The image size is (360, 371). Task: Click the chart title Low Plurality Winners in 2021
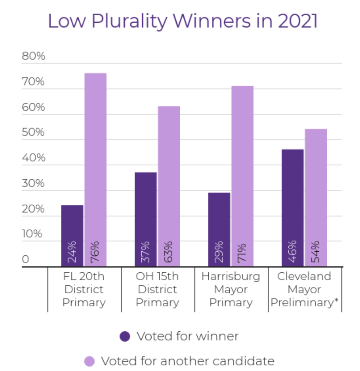[x=182, y=21]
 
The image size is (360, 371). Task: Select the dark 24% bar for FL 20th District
[x=72, y=227]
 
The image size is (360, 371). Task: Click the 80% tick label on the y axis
[x=33, y=56]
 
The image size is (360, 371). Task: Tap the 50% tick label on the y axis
[x=33, y=132]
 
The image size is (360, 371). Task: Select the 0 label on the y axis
[x=25, y=259]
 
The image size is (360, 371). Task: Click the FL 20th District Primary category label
[x=84, y=289]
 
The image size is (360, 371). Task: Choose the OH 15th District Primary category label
[x=157, y=289]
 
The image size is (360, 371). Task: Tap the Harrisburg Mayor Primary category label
[x=231, y=289]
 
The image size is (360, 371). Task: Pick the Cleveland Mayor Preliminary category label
[x=305, y=289]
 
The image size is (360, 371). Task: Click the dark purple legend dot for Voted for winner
[x=125, y=336]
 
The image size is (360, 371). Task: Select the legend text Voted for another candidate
[x=188, y=361]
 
